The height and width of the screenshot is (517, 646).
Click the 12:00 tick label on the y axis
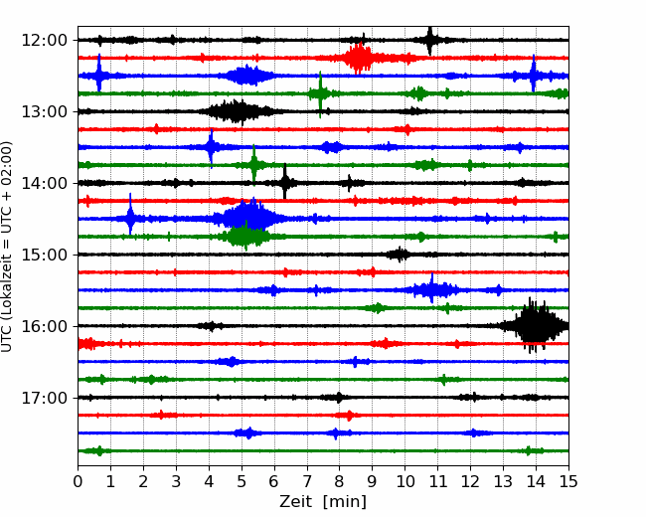point(44,41)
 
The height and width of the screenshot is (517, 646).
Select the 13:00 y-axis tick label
point(44,111)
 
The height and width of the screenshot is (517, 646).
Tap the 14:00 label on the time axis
point(44,183)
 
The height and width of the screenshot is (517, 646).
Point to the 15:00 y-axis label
point(44,255)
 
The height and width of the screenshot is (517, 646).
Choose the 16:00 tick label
point(44,326)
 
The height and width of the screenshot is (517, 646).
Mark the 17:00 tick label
point(44,398)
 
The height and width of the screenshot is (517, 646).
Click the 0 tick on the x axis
point(78,481)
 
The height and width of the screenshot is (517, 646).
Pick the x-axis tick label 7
point(307,481)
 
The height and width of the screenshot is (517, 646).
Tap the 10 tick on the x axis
point(404,481)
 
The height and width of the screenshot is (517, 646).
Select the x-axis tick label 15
point(568,481)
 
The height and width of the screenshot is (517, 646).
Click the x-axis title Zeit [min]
point(323,502)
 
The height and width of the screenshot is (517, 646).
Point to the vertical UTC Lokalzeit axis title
point(7,247)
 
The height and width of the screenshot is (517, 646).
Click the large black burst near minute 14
point(534,325)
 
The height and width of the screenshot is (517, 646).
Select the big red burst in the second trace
point(358,58)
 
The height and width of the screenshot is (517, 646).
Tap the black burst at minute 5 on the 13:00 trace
point(237,111)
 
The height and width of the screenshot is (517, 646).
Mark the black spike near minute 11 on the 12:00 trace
point(430,41)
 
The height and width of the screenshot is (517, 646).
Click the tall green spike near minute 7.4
point(320,94)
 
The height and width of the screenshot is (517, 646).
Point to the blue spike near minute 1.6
point(130,214)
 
